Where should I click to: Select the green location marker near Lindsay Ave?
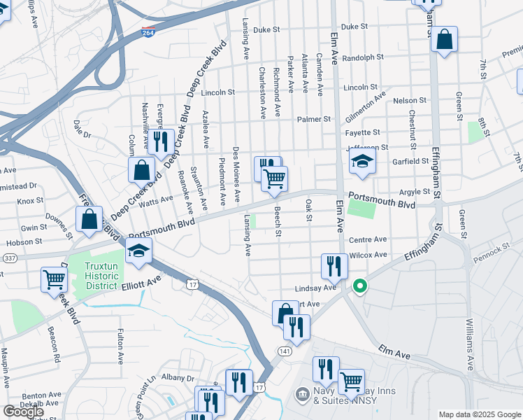(x=360, y=286)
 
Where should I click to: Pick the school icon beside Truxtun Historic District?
(x=139, y=252)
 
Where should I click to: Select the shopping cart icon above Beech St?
(x=275, y=179)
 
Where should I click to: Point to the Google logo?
(x=23, y=412)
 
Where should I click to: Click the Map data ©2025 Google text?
(x=480, y=414)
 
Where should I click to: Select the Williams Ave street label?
(x=468, y=344)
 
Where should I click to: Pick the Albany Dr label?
(x=176, y=378)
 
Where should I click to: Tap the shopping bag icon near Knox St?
(x=89, y=219)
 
